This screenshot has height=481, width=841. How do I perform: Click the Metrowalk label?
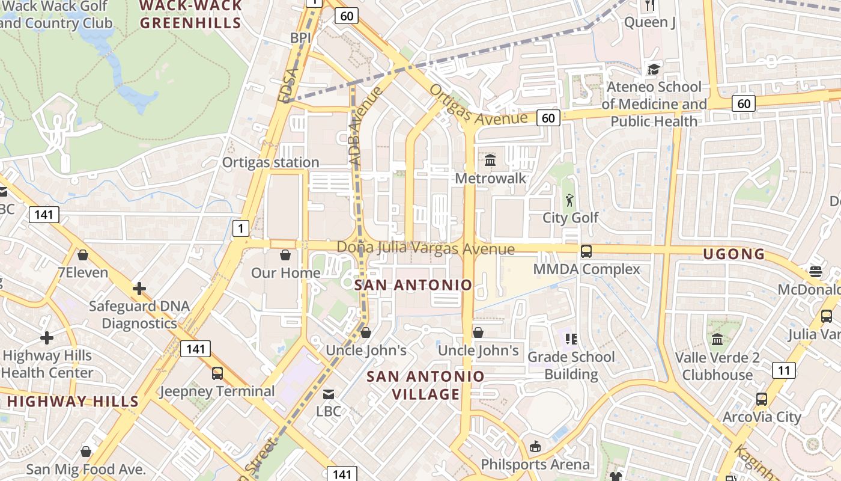click(490, 179)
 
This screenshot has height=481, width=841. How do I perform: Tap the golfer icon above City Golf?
click(569, 200)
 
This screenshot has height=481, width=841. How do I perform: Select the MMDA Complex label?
click(587, 269)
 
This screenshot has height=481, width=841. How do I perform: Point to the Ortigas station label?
click(270, 162)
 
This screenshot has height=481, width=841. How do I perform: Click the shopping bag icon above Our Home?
click(285, 255)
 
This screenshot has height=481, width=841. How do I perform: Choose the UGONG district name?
click(734, 254)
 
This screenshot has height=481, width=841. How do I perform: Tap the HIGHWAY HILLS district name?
click(73, 401)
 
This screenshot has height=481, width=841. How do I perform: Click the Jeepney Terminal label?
click(217, 391)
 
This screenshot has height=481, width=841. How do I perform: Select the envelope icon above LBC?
click(329, 394)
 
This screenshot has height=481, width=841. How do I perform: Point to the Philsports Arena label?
click(535, 464)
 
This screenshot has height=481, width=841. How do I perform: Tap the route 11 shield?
click(783, 370)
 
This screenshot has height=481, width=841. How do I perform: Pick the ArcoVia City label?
click(762, 417)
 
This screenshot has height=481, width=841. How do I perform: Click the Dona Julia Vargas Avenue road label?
click(425, 248)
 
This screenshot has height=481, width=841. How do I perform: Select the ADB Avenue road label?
click(365, 126)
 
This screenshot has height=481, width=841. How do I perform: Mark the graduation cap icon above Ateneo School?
click(653, 70)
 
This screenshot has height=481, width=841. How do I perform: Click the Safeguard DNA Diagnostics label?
click(139, 314)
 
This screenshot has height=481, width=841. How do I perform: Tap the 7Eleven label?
click(83, 272)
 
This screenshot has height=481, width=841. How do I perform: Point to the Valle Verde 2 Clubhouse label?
click(717, 366)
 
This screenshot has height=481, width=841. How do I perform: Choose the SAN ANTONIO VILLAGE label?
click(425, 385)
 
